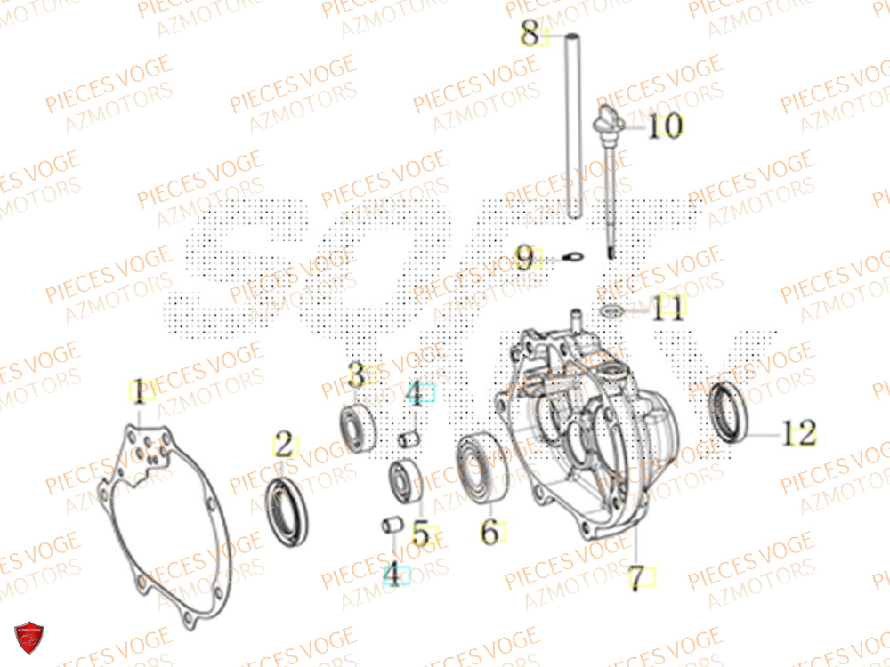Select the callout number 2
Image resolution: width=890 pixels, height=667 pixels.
tap(283, 444)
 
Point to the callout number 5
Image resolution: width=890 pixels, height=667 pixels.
tap(420, 534)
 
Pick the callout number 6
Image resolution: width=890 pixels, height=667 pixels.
tap(489, 532)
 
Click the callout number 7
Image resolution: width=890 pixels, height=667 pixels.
tap(635, 579)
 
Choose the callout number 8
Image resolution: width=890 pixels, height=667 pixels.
tap(530, 36)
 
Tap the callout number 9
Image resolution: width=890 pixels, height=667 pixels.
tap(525, 259)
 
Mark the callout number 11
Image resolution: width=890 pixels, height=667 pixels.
tap(667, 309)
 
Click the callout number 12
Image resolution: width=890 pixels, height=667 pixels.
tap(798, 434)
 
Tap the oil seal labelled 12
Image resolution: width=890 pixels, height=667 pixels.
tap(729, 412)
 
